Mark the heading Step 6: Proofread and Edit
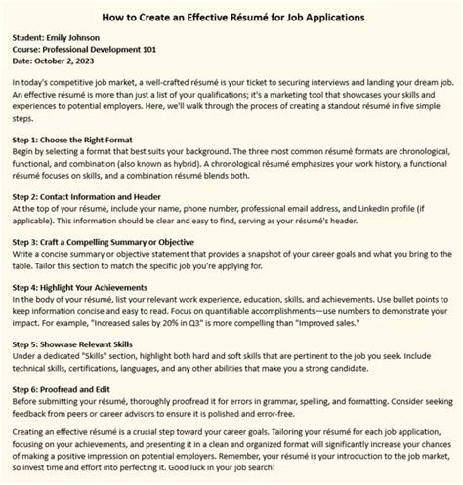coord(74,389)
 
